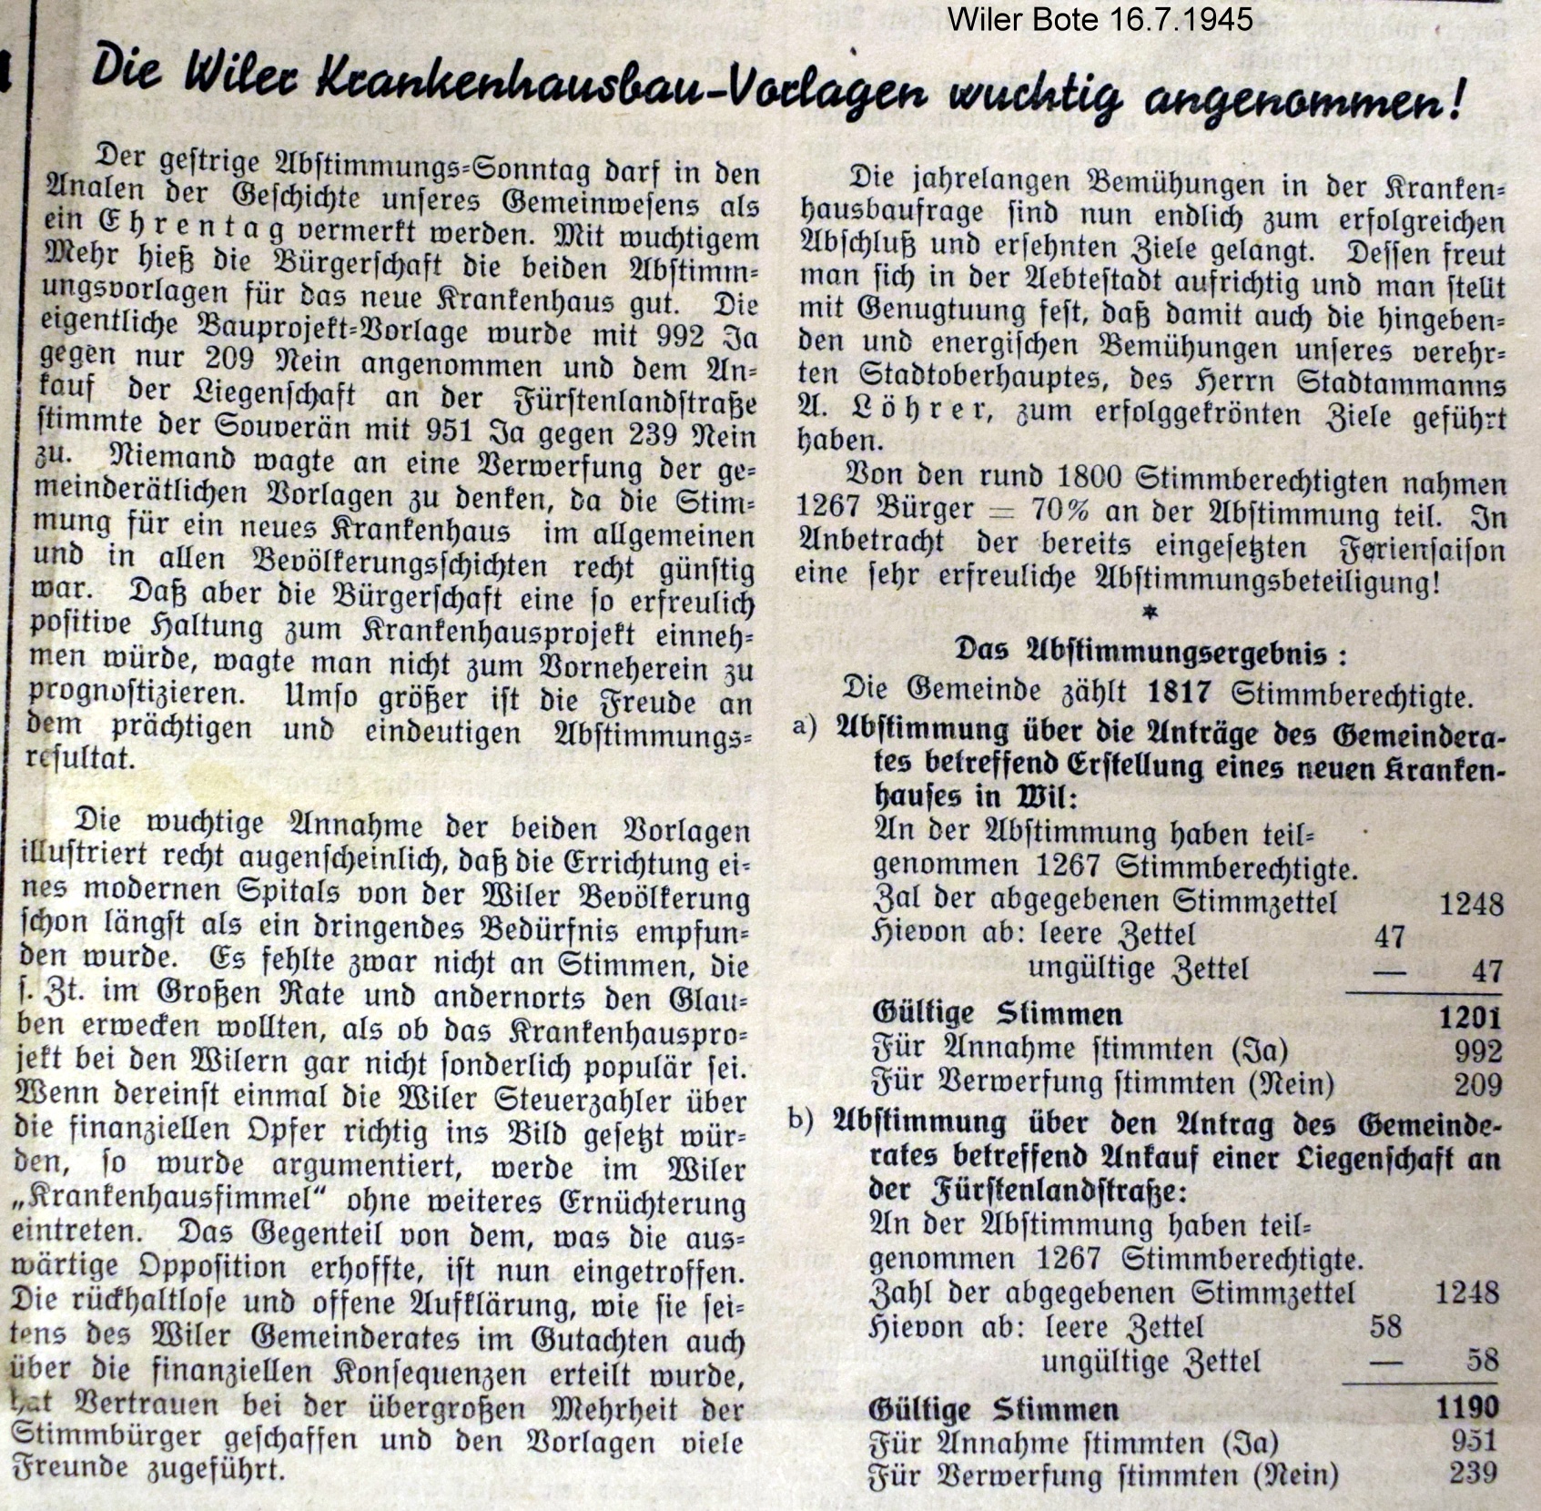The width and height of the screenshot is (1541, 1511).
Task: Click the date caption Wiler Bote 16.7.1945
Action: [x=1100, y=19]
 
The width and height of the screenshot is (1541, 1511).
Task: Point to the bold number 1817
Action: [x=1179, y=694]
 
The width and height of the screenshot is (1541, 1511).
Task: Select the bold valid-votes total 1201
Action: [x=1469, y=1017]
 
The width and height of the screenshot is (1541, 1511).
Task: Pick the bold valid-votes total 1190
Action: [x=1466, y=1408]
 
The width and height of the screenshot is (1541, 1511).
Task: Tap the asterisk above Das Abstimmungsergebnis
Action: [x=1150, y=614]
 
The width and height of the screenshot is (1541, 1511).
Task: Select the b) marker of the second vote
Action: [x=801, y=1120]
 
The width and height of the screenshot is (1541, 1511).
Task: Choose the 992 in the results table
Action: [x=1477, y=1051]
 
